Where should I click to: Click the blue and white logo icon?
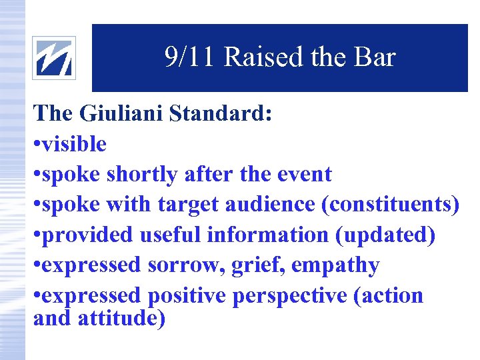tap(54, 58)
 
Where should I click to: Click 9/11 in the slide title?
tap(190, 58)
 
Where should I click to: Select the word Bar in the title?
tap(375, 58)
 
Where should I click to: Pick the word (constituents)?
tap(391, 205)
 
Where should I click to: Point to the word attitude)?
tap(122, 319)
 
